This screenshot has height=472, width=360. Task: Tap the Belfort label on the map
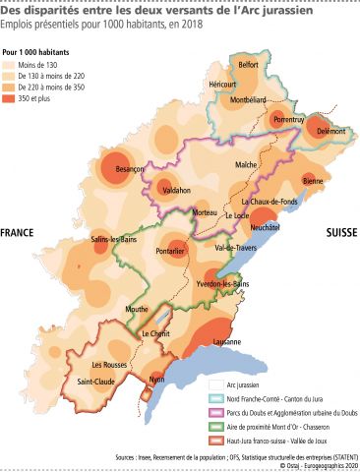pyautogui.click(x=248, y=65)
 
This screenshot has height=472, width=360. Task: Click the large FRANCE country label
pyautogui.click(x=17, y=233)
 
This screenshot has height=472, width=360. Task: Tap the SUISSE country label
pyautogui.click(x=342, y=233)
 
